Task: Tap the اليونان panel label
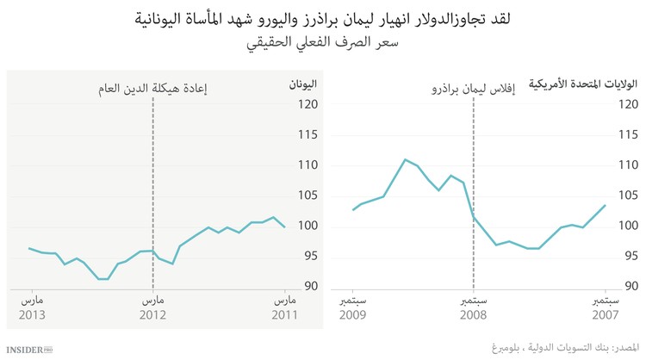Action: [x=301, y=84]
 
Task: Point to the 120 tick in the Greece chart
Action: [x=308, y=104]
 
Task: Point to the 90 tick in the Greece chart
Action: [x=308, y=287]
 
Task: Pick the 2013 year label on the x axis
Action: [x=32, y=315]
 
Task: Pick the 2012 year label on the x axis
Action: [x=152, y=315]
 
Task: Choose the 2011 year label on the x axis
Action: [x=285, y=315]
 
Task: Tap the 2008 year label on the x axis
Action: [x=473, y=315]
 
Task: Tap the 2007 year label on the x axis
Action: [x=605, y=315]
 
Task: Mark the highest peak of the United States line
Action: [x=405, y=159]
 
